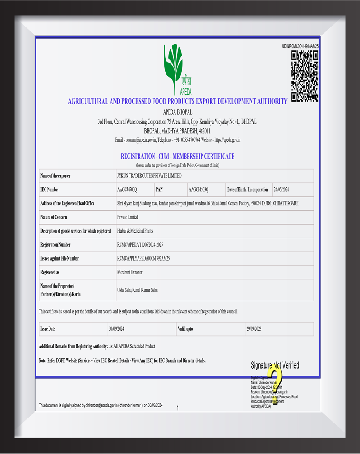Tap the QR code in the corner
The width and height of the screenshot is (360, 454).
point(305,76)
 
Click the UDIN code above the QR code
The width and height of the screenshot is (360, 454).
point(300,46)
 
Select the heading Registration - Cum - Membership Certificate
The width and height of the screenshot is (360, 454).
point(177,157)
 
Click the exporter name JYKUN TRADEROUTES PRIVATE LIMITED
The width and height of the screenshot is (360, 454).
point(149,176)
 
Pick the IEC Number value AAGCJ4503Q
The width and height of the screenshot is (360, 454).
point(127,190)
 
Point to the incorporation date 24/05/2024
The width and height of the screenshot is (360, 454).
point(281,190)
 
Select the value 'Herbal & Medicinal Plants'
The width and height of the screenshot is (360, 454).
point(135,231)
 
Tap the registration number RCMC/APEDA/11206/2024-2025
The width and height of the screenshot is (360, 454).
point(146,245)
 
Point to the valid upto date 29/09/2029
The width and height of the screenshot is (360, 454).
point(253,329)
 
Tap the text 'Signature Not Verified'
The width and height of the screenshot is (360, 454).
point(274,365)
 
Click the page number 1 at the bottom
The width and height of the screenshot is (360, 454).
point(178,408)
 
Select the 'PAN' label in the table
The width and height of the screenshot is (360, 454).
point(159,190)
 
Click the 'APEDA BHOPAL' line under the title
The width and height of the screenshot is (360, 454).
point(177,112)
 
